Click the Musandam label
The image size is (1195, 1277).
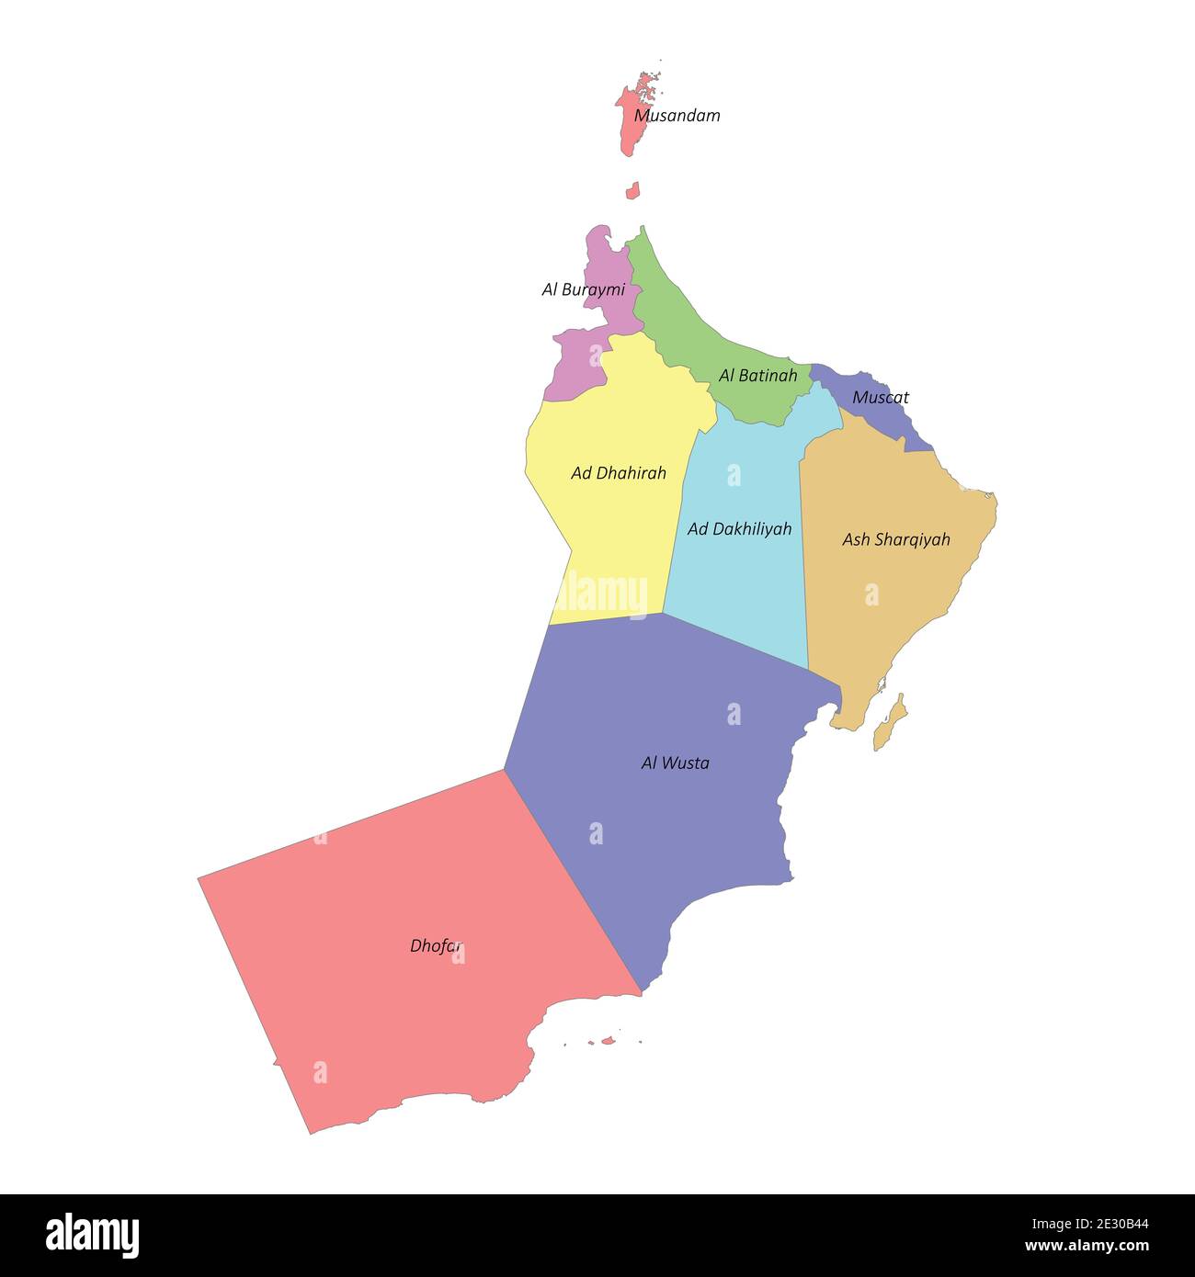677,116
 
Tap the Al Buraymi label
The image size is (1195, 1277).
583,289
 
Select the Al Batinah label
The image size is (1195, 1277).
757,375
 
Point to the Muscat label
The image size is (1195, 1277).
880,397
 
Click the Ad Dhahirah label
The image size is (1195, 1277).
618,473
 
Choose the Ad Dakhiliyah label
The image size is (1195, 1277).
739,529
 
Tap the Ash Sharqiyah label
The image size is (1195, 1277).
895,539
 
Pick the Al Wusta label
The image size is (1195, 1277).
675,763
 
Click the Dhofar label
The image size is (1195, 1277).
435,945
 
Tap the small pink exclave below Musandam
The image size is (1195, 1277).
632,191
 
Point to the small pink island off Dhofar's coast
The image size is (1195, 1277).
607,1041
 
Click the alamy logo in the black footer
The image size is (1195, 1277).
92,1235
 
